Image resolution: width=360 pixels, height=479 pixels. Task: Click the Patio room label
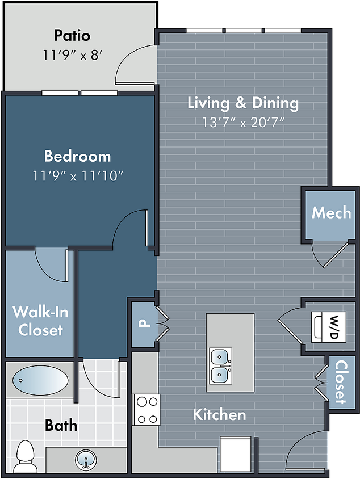click(73, 36)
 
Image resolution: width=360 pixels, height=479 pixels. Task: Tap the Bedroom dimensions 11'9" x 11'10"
click(78, 176)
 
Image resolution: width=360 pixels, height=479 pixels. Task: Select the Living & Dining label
click(243, 103)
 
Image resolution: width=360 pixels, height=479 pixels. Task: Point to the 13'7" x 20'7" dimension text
click(244, 123)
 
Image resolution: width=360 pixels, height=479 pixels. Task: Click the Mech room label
click(331, 212)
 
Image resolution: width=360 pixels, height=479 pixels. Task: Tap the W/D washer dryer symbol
click(329, 327)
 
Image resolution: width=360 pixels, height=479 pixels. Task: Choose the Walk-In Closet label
click(40, 321)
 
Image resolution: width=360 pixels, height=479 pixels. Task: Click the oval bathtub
click(40, 380)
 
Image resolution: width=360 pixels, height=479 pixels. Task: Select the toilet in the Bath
click(26, 457)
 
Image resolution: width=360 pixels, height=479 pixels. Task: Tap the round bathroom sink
click(86, 460)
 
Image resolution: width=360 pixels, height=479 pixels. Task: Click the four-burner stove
click(146, 410)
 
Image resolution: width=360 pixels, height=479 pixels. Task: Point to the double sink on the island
click(221, 366)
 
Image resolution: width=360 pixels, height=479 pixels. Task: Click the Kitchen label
click(219, 414)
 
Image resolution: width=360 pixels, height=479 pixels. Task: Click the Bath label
click(61, 425)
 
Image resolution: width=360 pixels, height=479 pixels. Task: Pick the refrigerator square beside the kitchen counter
click(236, 454)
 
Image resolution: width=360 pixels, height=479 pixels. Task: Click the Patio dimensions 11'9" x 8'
click(72, 55)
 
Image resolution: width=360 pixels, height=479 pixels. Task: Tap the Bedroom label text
click(78, 156)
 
